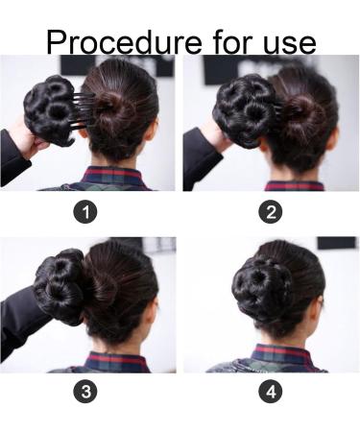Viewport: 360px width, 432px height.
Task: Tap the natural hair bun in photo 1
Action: click(x=118, y=113)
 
